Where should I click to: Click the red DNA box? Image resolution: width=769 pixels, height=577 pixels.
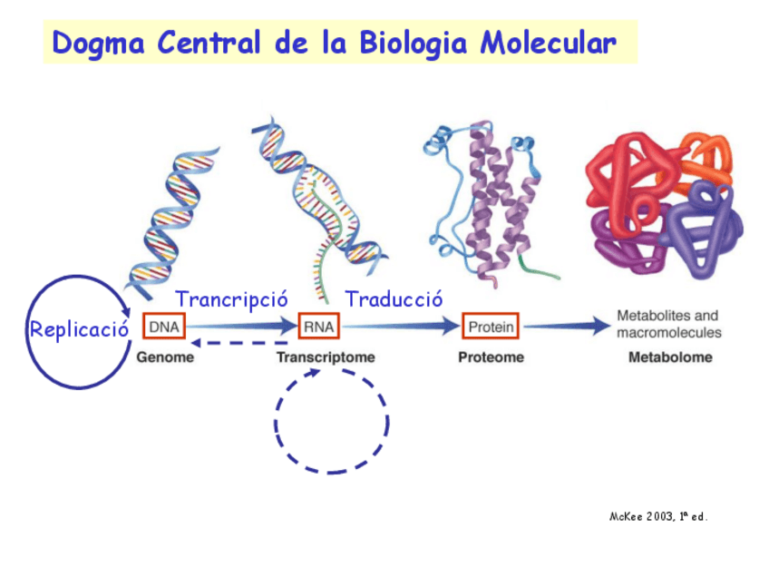click(x=164, y=326)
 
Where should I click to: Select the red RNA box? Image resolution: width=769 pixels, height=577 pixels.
click(x=318, y=326)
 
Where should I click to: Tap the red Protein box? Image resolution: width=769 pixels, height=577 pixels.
click(x=491, y=326)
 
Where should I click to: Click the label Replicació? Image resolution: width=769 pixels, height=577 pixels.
click(x=79, y=328)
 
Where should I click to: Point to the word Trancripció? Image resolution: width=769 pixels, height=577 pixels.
click(x=231, y=298)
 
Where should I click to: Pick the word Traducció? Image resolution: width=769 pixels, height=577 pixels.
click(x=394, y=298)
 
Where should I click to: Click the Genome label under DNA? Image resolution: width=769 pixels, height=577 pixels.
click(x=165, y=357)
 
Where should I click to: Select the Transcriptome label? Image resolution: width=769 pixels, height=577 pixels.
click(x=326, y=357)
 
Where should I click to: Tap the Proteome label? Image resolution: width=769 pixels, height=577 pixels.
click(x=491, y=357)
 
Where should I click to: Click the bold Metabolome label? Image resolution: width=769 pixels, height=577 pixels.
click(x=670, y=357)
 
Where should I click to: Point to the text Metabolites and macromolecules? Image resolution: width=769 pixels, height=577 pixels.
click(x=668, y=324)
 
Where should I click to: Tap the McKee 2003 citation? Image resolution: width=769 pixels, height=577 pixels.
click(x=657, y=516)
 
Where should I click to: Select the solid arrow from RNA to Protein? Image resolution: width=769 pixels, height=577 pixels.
click(x=399, y=326)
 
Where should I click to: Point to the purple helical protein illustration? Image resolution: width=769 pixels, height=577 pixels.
click(x=494, y=204)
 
